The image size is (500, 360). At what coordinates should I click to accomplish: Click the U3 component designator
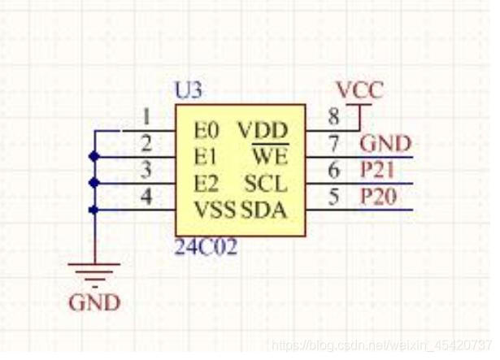189,90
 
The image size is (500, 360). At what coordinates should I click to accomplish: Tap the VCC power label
359,90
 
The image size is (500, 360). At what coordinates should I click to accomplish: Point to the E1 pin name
207,155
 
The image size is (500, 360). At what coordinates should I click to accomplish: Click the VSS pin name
215,210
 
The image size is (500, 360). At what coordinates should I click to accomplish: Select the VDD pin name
262,130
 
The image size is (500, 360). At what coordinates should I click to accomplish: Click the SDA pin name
264,210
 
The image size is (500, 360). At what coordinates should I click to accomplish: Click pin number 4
146,197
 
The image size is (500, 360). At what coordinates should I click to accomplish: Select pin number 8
334,117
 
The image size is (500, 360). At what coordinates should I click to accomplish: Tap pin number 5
334,197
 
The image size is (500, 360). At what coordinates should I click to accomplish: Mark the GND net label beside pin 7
385,144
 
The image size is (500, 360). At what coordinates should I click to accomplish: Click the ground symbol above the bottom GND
95,273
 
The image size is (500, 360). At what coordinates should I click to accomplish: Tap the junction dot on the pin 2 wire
95,156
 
